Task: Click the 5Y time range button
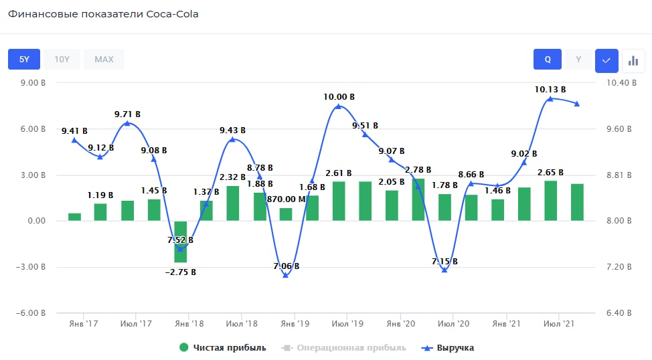(24, 60)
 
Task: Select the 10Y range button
(62, 60)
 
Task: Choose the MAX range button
(104, 60)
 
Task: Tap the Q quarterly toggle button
(548, 60)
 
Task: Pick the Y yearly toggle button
(578, 60)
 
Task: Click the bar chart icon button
(633, 60)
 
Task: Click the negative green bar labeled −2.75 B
(181, 242)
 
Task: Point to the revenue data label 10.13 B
(550, 89)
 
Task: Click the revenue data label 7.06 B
(286, 266)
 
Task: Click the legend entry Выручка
(455, 348)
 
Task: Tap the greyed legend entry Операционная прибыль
(351, 348)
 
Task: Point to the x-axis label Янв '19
(295, 324)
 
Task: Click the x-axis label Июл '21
(560, 324)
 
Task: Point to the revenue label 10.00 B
(339, 97)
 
